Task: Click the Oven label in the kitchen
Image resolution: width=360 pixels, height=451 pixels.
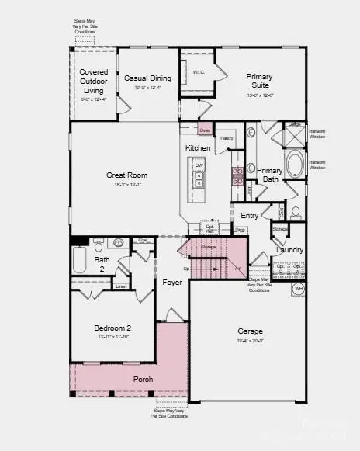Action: click(205, 130)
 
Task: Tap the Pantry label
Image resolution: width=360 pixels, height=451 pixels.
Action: click(227, 138)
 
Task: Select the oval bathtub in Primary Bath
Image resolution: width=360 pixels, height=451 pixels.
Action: click(296, 165)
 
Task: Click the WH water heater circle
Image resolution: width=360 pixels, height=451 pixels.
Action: click(297, 289)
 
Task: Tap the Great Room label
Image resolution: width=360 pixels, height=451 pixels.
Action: click(126, 175)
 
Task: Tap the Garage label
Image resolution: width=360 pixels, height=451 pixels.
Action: click(250, 331)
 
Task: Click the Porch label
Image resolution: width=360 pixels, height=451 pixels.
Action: click(143, 379)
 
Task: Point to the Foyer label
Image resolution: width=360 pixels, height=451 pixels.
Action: click(172, 283)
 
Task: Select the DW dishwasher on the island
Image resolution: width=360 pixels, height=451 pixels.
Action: click(199, 166)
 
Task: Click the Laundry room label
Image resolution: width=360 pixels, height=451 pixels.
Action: click(289, 250)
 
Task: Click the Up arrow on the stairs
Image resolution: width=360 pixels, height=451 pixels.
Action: click(185, 269)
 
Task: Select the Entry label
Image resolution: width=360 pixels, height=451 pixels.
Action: click(249, 216)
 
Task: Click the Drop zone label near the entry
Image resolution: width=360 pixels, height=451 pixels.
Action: click(241, 231)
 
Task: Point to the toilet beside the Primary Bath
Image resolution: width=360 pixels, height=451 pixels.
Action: click(296, 212)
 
